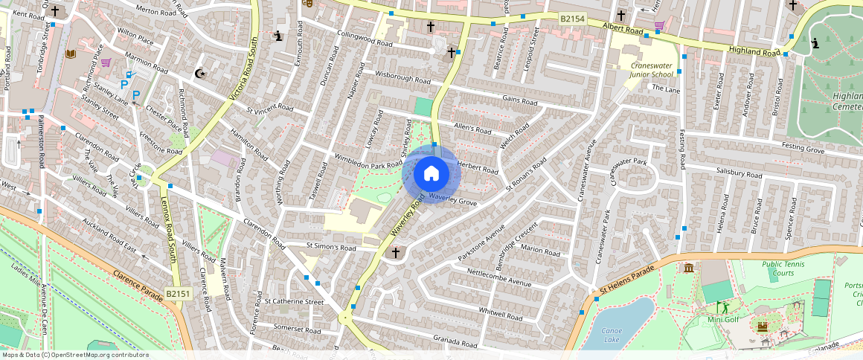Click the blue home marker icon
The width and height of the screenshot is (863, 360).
point(431,174)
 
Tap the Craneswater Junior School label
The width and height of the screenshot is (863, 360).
point(641,69)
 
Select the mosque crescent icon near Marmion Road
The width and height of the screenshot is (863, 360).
point(199,73)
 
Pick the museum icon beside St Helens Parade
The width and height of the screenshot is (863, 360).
point(688,267)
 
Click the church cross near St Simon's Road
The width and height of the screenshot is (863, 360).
point(395,253)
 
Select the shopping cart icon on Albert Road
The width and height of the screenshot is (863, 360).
point(658,25)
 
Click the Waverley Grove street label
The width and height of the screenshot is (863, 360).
point(452,202)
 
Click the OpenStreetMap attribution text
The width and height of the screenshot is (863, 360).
point(74,355)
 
